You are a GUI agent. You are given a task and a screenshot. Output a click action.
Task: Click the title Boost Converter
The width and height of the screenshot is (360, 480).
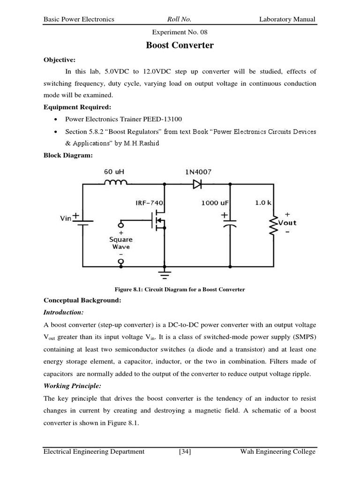pyautogui.click(x=180, y=45)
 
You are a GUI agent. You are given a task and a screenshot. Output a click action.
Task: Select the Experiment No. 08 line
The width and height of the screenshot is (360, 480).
pyautogui.click(x=180, y=32)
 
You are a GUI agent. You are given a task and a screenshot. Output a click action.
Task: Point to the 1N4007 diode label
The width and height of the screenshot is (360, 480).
pyautogui.click(x=195, y=172)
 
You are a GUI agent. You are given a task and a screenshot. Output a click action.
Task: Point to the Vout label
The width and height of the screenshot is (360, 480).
pyautogui.click(x=287, y=223)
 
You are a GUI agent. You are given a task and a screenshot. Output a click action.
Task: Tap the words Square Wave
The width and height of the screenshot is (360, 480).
pyautogui.click(x=121, y=243)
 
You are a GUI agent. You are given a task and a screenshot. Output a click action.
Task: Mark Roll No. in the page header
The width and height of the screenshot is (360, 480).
pyautogui.click(x=179, y=19)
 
